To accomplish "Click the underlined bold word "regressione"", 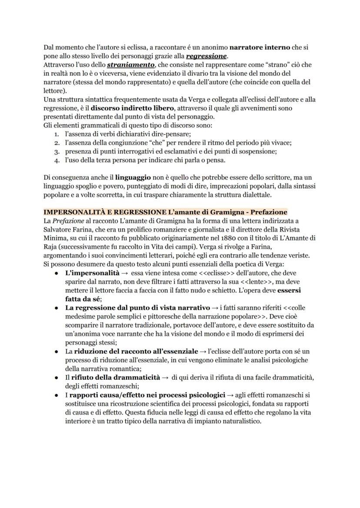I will click(x=206, y=56).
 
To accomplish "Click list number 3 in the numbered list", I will click(x=57, y=152).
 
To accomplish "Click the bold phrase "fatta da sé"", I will click(x=83, y=299).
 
